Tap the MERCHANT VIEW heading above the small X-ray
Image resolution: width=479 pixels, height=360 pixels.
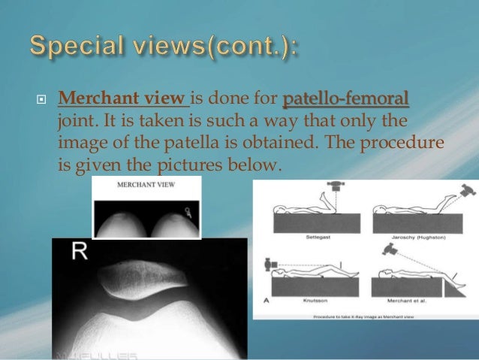(x=146, y=183)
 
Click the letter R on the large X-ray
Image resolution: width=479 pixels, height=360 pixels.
(x=80, y=252)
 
